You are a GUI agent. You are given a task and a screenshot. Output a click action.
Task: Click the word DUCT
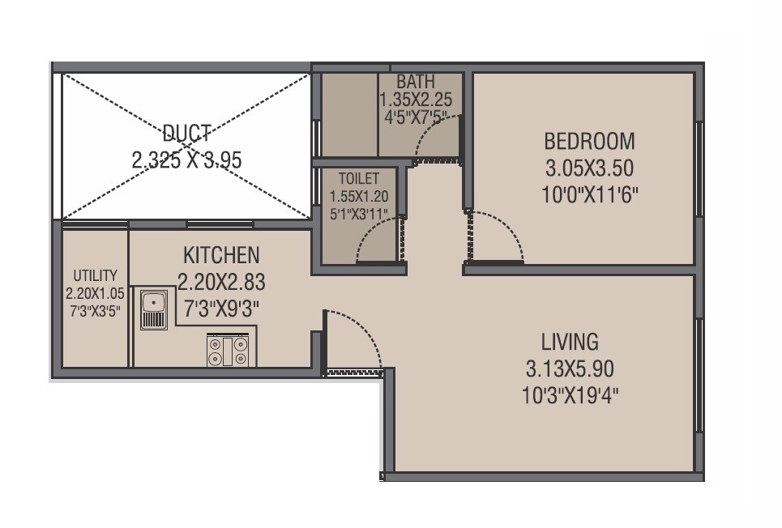tap(186, 133)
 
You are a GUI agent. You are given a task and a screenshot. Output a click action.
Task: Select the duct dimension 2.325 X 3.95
tap(186, 160)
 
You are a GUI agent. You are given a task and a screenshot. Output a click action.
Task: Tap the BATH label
tap(415, 83)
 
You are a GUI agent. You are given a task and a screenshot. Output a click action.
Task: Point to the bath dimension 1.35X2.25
tap(416, 100)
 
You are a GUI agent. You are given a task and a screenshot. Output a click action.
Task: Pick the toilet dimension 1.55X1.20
tap(358, 197)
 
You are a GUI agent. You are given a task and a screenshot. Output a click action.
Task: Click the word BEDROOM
tap(589, 142)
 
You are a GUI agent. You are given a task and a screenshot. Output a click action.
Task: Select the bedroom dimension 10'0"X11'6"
tap(589, 194)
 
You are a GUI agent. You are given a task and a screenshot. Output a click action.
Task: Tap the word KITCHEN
tap(221, 256)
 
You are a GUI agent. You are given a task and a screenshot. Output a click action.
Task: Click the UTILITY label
tap(96, 276)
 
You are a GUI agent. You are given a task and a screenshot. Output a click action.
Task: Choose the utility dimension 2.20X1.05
tap(96, 293)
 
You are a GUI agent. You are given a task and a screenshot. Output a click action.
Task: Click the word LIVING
tap(570, 341)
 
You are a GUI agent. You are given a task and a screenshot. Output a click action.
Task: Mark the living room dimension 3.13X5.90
tap(570, 369)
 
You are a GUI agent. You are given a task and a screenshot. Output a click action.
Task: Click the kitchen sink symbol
tap(153, 309)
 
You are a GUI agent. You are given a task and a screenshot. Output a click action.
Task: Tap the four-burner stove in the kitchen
tap(229, 350)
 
